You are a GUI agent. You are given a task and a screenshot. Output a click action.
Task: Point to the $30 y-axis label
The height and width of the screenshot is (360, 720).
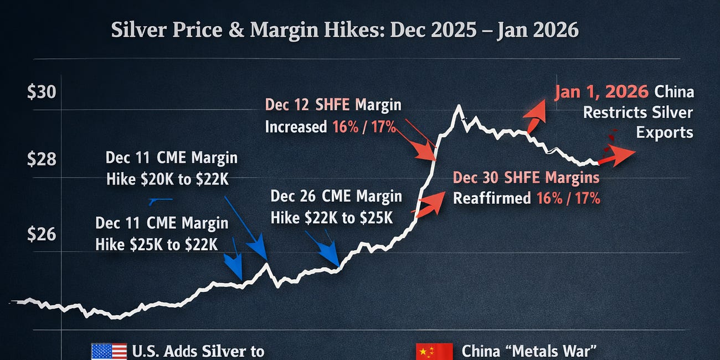tap(42, 91)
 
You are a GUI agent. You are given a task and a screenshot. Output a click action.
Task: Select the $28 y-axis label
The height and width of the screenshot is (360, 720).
tap(42, 160)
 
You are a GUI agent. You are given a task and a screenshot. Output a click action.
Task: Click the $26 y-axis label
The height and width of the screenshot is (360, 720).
tap(42, 234)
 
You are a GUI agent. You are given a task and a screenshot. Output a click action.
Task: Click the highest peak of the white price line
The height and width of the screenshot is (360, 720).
tap(458, 106)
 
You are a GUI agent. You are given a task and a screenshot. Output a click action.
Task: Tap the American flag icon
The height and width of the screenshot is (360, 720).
tap(109, 351)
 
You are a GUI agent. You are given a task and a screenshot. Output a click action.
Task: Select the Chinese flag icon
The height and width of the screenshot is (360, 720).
tap(431, 351)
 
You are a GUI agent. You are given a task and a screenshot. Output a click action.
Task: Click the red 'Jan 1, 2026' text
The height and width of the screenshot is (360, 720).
tap(601, 92)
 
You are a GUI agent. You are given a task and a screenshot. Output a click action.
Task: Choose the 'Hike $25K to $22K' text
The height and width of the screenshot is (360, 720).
tap(157, 244)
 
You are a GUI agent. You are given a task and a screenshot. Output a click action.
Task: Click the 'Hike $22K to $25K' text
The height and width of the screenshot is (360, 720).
tap(331, 217)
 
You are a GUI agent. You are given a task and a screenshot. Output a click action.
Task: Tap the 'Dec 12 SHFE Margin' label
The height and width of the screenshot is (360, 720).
tap(333, 105)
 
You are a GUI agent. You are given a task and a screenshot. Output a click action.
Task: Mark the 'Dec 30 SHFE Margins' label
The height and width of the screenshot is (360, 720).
tap(526, 177)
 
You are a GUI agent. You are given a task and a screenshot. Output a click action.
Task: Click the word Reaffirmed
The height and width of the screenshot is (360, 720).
tap(491, 198)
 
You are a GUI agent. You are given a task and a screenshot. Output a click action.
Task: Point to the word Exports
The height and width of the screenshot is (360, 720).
tap(664, 133)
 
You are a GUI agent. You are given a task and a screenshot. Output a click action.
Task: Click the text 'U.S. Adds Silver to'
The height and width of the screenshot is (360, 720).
tap(198, 351)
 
